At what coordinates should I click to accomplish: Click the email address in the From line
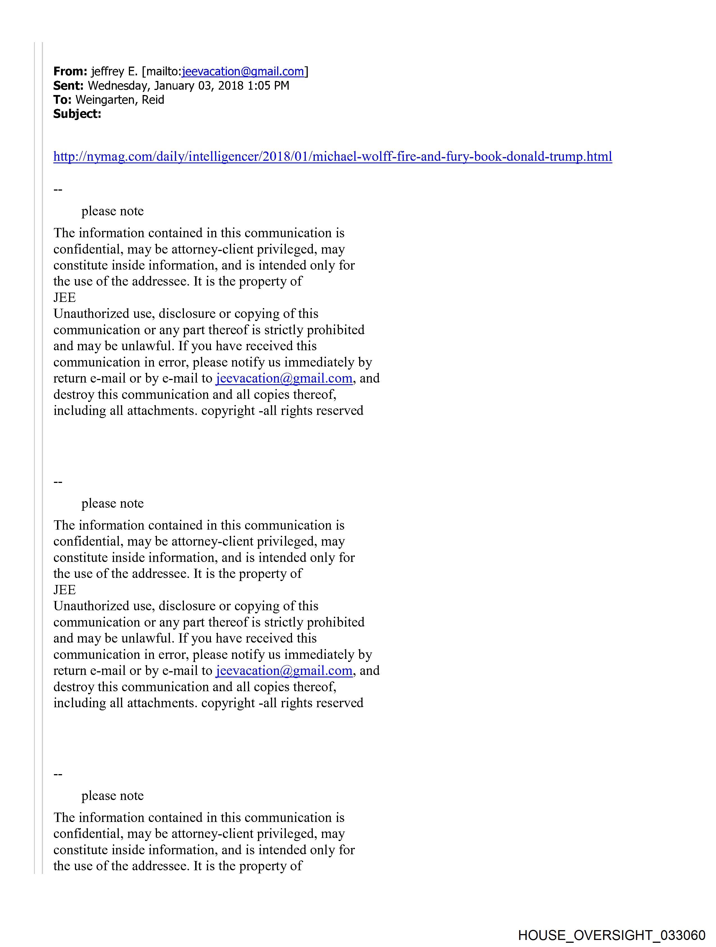click(x=243, y=71)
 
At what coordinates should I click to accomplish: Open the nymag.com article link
click(x=332, y=156)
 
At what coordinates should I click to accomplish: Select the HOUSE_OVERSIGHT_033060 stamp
click(x=612, y=935)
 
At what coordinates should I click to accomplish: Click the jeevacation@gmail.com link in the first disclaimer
click(x=284, y=378)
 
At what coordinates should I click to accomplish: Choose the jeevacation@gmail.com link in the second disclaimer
click(x=284, y=671)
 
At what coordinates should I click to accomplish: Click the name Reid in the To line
click(x=153, y=100)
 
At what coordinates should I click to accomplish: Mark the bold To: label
click(x=62, y=100)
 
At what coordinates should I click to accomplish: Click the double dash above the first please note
click(x=58, y=190)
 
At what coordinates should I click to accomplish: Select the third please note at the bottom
click(x=113, y=796)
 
